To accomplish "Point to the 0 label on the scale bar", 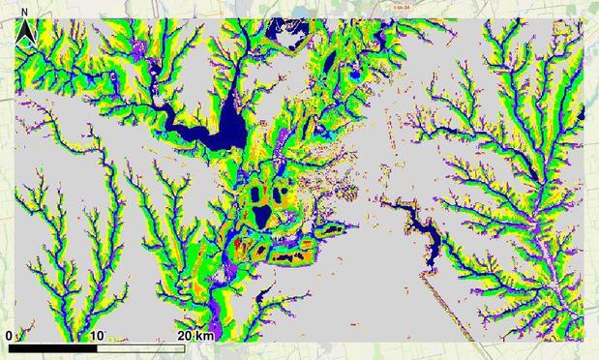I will click(9, 335).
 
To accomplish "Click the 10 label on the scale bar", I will click(97, 335).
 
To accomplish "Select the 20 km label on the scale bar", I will click(195, 335).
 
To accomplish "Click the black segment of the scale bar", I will click(53, 345).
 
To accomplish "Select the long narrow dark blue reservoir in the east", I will click(423, 230).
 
